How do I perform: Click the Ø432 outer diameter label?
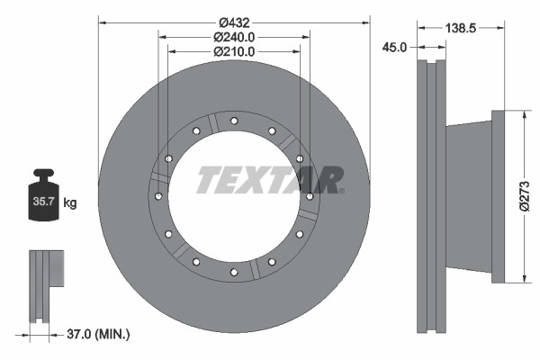click(234, 22)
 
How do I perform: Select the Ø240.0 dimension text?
click(234, 37)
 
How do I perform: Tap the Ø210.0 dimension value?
click(234, 51)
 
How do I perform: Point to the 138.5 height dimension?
click(460, 28)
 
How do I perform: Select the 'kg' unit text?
click(70, 203)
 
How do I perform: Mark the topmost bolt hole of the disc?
click(234, 121)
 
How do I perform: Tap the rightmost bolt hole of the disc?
click(310, 196)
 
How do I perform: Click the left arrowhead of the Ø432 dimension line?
click(102, 22)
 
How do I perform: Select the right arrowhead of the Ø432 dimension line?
click(366, 22)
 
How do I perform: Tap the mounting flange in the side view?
click(499, 196)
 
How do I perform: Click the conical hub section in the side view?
click(468, 196)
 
